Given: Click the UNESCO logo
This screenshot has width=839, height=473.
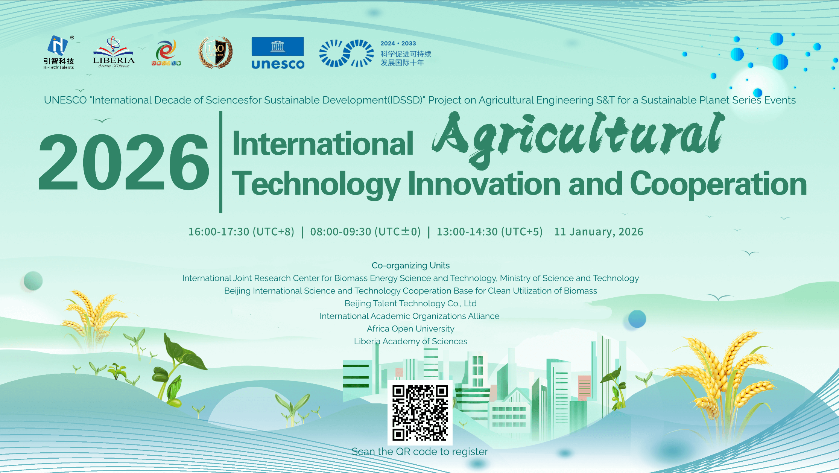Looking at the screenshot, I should click(x=278, y=53).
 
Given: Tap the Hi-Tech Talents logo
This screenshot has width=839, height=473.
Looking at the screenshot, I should click(x=59, y=52).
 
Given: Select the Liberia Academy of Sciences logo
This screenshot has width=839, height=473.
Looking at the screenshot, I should click(x=113, y=53).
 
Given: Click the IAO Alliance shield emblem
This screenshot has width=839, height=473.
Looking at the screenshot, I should click(x=216, y=52).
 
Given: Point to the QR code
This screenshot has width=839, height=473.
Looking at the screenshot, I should click(x=420, y=412).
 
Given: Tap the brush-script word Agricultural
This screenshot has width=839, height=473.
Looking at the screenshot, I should click(x=578, y=137).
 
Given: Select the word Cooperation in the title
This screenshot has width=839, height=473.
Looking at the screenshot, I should click(x=718, y=184).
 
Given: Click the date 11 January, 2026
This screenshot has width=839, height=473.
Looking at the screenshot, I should click(x=599, y=232).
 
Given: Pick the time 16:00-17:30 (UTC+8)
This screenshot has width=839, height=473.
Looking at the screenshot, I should click(x=241, y=232).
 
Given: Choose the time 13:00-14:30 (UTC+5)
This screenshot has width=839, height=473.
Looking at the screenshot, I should click(x=489, y=232).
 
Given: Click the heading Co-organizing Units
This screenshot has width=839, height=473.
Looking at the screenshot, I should click(x=410, y=266).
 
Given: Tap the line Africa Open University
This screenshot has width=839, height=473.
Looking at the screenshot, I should click(x=410, y=329).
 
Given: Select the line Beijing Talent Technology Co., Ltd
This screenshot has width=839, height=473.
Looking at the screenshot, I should click(x=410, y=304).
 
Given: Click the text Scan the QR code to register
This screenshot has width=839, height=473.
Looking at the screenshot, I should click(x=419, y=452).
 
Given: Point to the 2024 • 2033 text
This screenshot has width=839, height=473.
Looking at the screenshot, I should click(x=398, y=44).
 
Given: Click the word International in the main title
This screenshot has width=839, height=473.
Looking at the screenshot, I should click(x=323, y=144).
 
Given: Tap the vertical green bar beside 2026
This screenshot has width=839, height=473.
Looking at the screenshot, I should click(x=220, y=162).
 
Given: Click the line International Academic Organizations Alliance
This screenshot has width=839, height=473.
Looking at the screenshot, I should click(x=409, y=316).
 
